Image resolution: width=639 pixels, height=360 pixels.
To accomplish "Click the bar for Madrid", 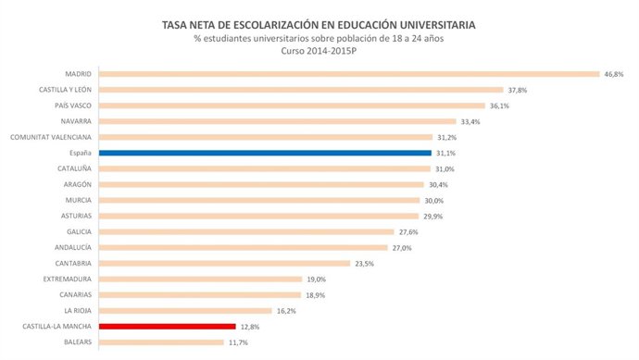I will point(348,74).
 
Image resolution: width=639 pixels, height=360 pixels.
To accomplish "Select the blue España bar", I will point(265,153).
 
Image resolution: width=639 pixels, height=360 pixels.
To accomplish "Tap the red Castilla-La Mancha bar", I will point(167,327).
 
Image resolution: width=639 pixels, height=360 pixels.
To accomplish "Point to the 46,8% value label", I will point(614,74).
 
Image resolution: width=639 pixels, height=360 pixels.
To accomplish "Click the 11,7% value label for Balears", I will point(239,342).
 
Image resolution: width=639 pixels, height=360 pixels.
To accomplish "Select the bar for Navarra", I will point(277,121).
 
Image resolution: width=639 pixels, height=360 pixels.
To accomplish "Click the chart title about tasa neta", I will point(319,23).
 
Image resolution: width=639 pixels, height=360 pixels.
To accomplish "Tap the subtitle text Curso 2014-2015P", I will point(319,51).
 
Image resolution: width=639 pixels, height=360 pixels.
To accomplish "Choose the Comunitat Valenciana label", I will point(51,137).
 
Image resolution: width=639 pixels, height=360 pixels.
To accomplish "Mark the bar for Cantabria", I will point(224,263).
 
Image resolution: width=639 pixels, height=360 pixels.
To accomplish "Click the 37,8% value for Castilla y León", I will point(518,90).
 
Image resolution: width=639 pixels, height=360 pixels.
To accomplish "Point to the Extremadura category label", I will point(67,279).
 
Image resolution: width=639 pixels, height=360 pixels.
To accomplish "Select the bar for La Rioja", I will point(184,311).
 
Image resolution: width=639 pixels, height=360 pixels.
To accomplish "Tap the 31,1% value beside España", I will point(446,153).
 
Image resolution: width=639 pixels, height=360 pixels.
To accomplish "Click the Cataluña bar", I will point(264,168).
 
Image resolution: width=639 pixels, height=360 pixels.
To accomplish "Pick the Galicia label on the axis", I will point(78,231).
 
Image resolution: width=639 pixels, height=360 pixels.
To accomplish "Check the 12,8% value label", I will point(250,327).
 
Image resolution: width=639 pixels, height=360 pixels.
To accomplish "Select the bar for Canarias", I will point(199,294).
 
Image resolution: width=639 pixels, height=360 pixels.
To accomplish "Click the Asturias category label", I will point(75,216).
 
